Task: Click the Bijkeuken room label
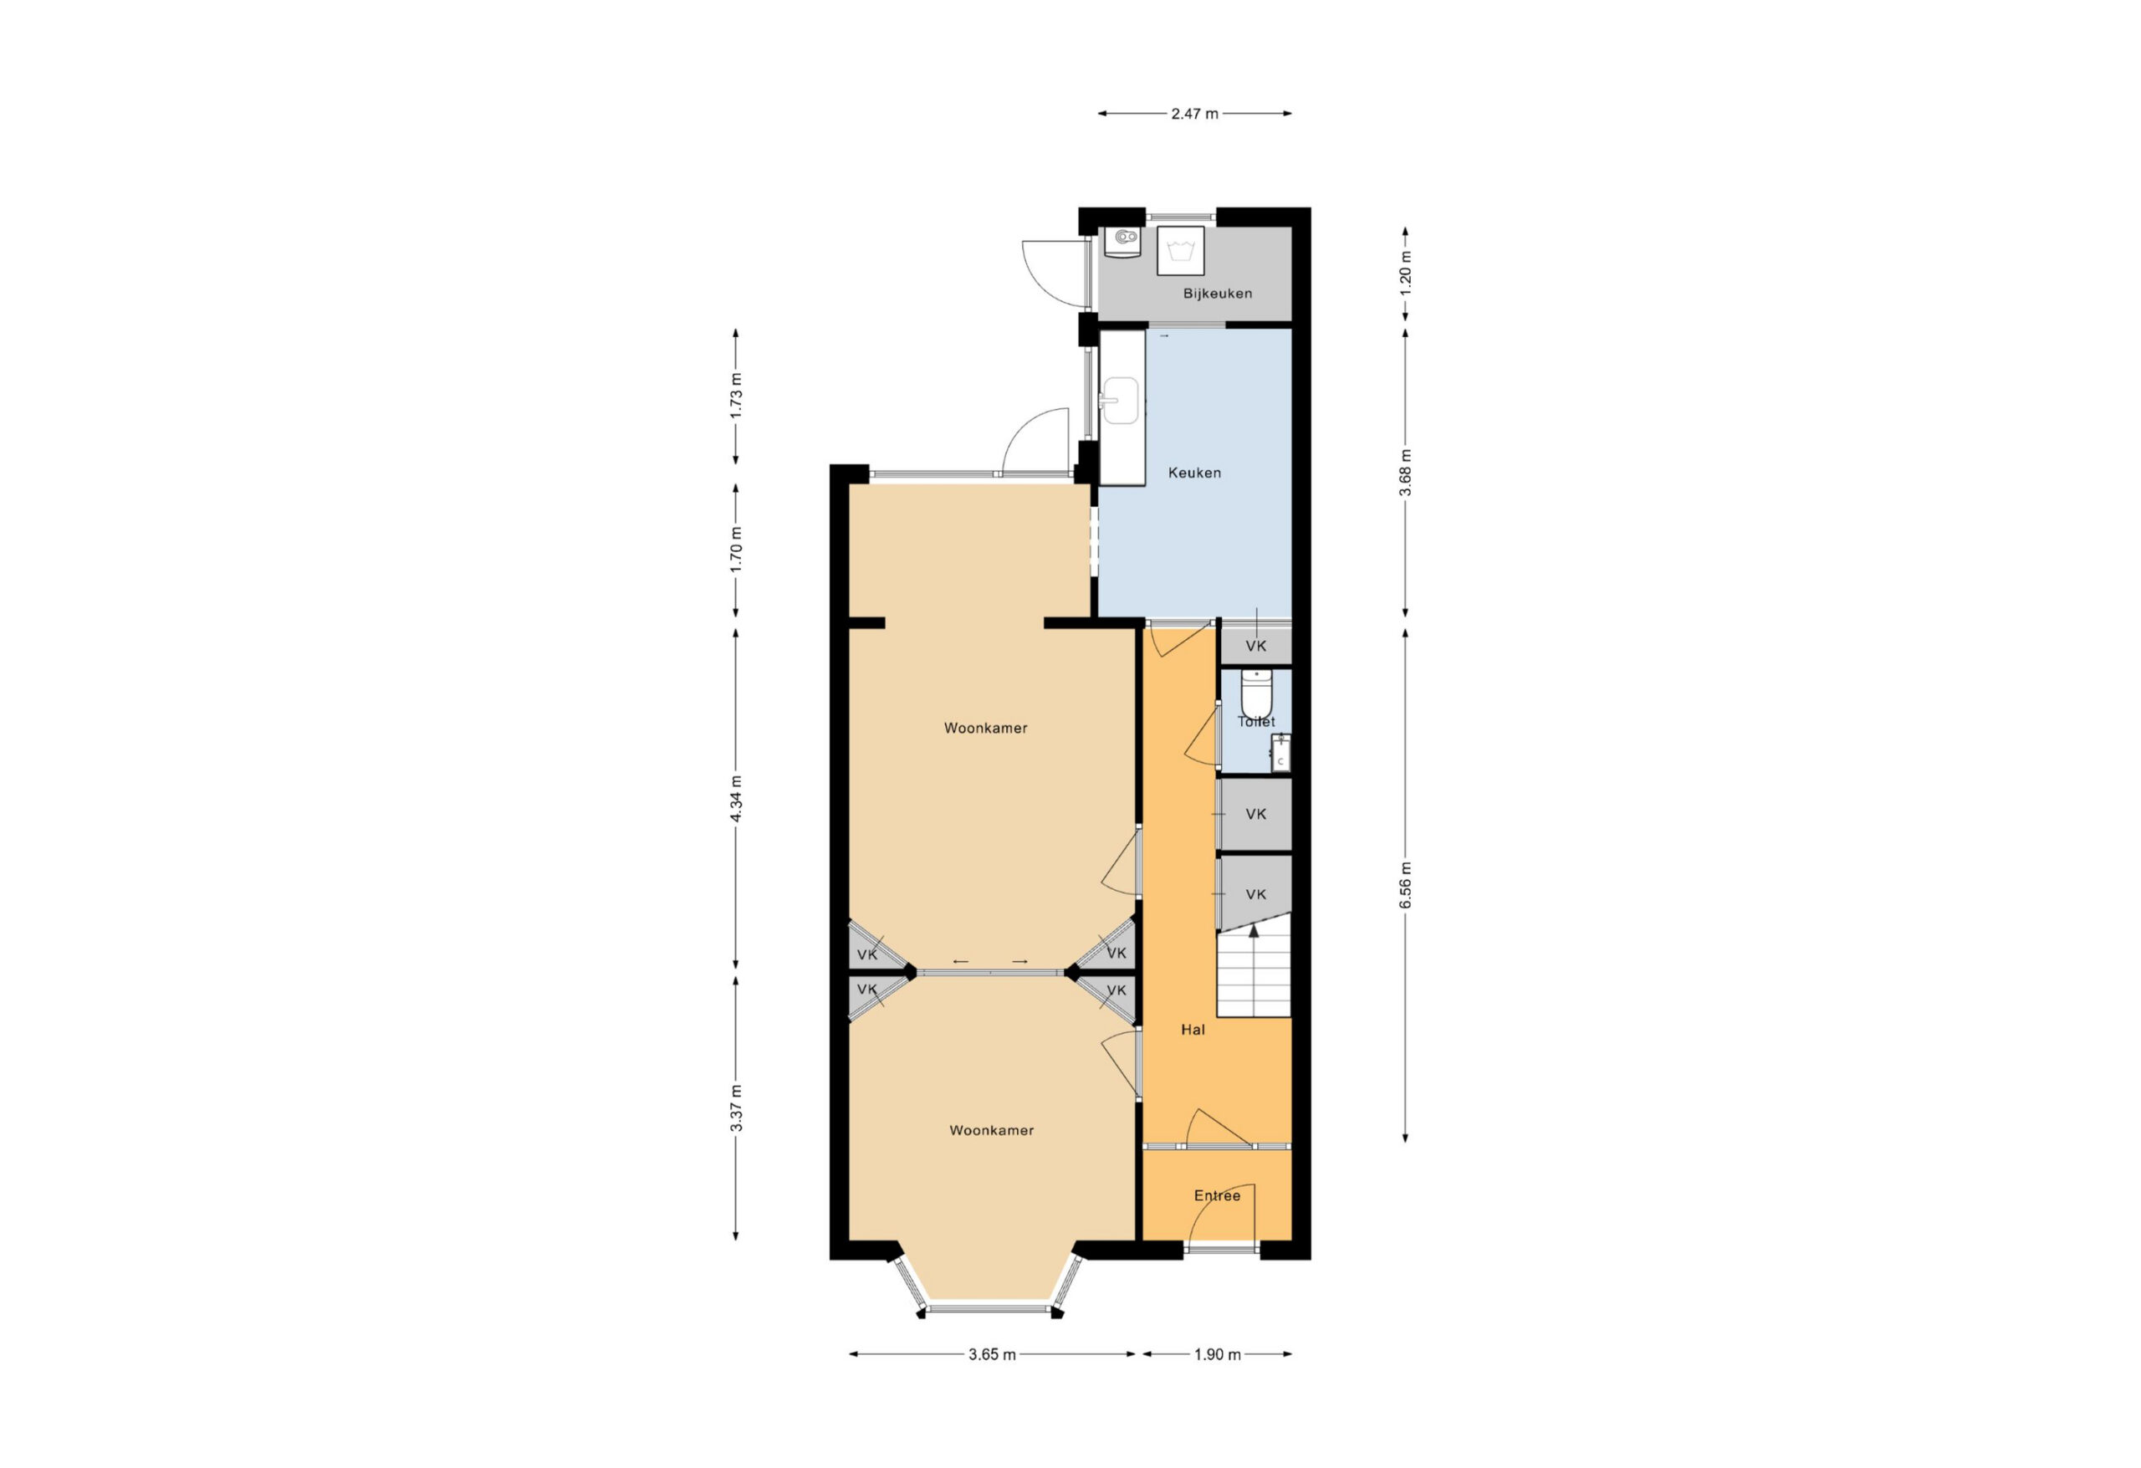1217,294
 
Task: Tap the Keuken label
1194,473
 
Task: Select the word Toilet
1255,722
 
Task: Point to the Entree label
1217,1196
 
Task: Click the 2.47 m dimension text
1194,115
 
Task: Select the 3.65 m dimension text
992,1354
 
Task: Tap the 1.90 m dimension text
1217,1354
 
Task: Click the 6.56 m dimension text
1405,886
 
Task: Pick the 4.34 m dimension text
735,800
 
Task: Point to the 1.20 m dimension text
1405,274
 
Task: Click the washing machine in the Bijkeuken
1180,251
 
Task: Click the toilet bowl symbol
1255,691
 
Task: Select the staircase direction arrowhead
1253,932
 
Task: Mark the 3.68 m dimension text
1405,473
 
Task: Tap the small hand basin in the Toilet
1280,753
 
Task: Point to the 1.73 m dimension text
735,396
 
